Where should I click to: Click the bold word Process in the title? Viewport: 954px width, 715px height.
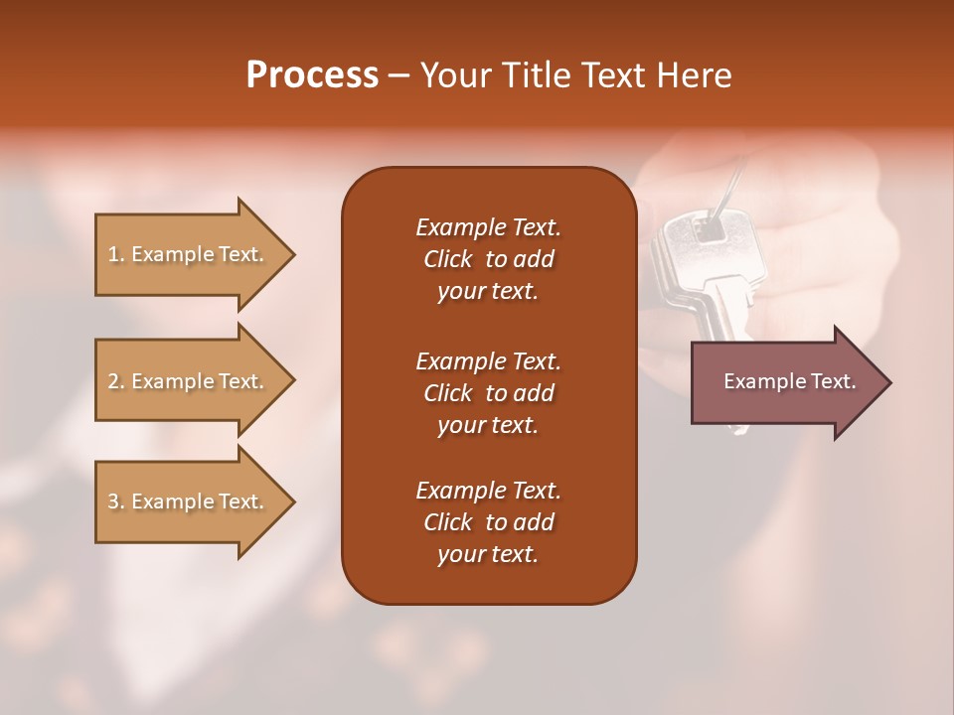312,75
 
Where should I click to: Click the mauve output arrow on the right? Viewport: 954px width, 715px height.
785,381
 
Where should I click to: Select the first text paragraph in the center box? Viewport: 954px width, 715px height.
488,259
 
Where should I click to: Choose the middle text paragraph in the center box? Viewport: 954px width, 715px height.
488,392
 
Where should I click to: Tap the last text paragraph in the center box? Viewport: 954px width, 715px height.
488,522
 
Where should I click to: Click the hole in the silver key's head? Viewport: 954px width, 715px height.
709,229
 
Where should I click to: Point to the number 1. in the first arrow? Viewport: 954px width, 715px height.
116,254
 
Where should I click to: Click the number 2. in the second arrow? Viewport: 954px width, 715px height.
116,381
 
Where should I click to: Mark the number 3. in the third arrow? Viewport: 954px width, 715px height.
116,501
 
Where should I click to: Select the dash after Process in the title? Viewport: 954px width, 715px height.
398,75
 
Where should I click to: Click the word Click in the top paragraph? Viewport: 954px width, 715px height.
448,259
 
